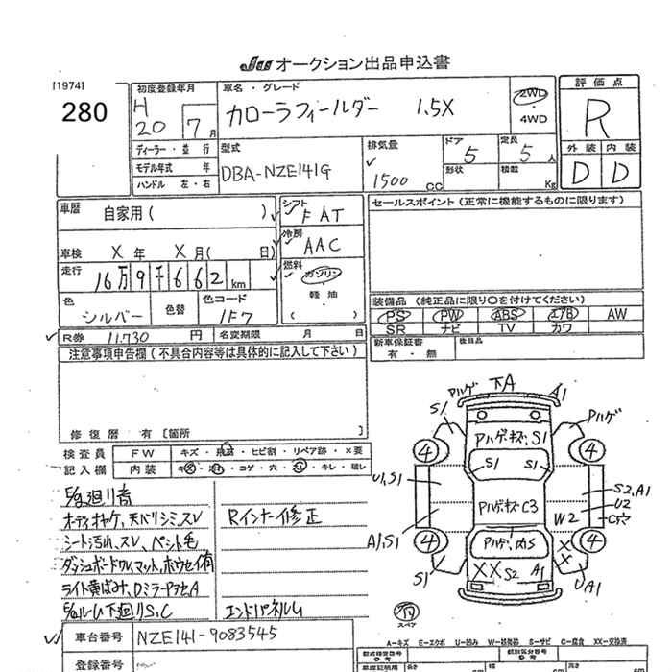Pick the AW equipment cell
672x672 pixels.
[x=616, y=314]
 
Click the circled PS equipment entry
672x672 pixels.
[x=396, y=314]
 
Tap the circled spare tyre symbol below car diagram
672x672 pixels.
[x=406, y=611]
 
